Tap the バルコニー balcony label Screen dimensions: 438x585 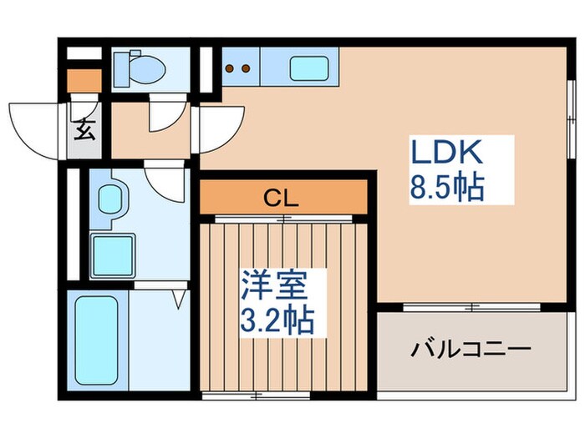click(x=470, y=346)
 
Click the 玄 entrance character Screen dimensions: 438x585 click(x=84, y=130)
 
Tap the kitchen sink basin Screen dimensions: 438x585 click(x=310, y=68)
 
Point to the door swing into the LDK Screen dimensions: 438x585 click(x=219, y=125)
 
